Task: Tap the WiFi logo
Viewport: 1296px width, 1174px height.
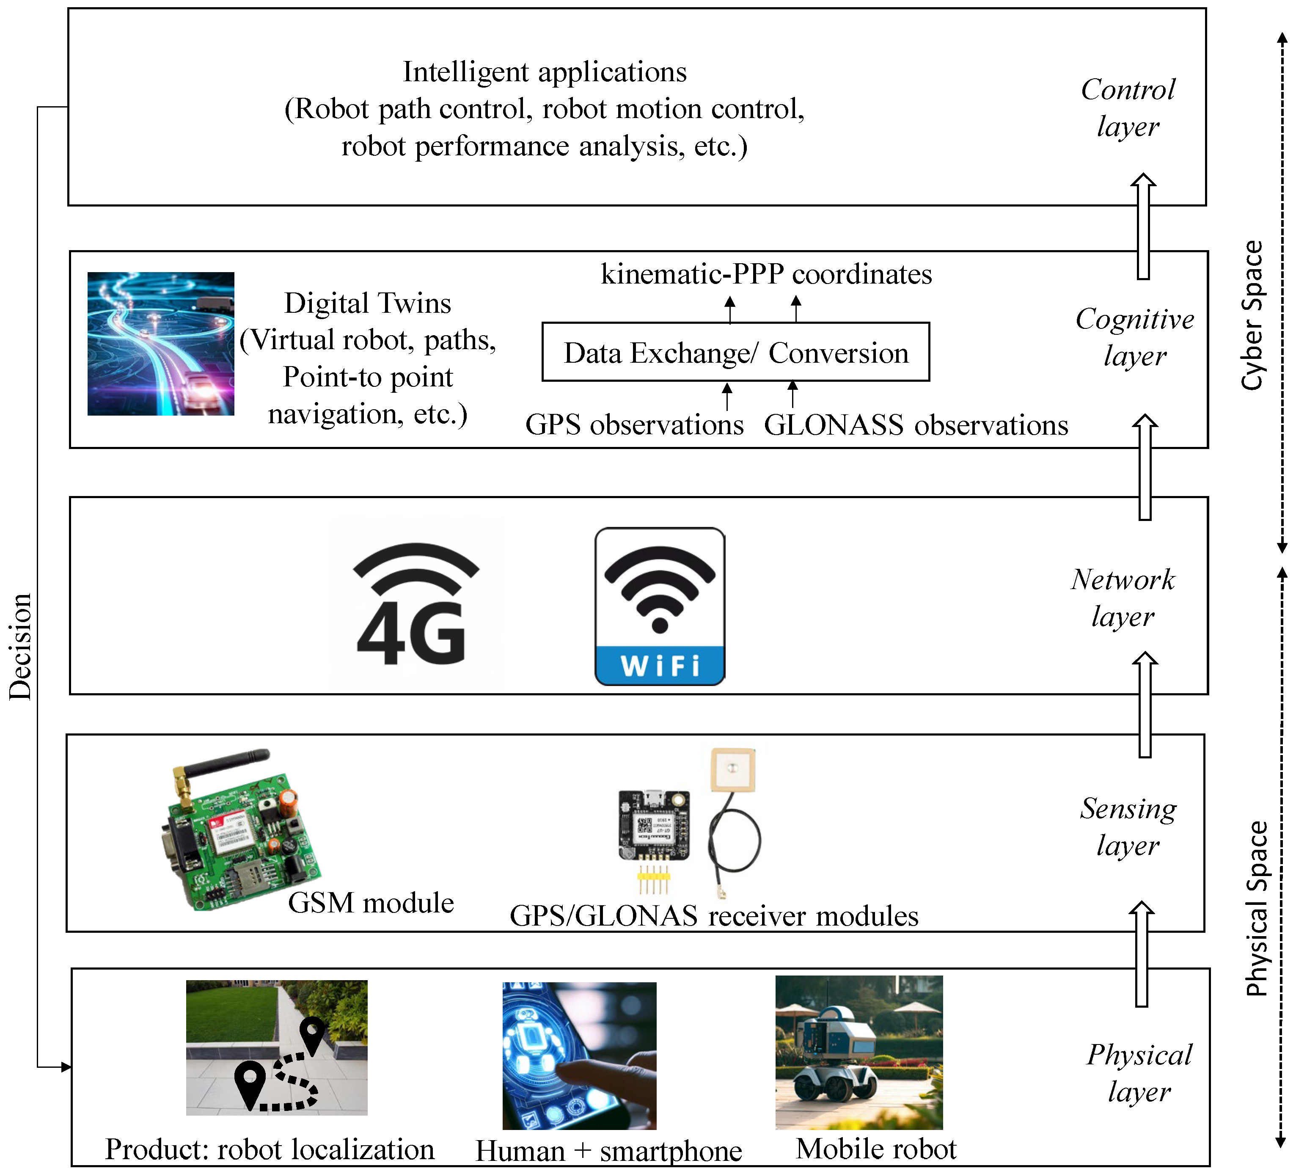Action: click(660, 606)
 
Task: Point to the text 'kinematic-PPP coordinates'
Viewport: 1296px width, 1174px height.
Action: click(766, 275)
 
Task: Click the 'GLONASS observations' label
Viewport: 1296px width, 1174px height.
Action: click(916, 425)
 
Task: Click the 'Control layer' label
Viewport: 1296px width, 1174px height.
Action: click(1128, 107)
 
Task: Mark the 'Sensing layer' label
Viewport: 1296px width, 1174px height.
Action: click(1128, 827)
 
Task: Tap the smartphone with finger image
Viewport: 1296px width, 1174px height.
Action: click(579, 1055)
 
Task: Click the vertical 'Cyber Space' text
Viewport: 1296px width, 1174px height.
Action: click(1251, 315)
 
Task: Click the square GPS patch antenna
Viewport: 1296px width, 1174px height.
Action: click(732, 769)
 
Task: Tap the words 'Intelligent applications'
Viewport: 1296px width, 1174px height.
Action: click(545, 72)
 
